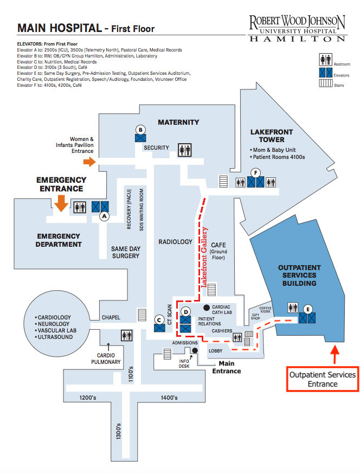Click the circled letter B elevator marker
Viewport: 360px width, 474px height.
pos(140,130)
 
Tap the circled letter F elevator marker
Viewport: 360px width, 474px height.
pos(256,173)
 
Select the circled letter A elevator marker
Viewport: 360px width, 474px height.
pos(104,216)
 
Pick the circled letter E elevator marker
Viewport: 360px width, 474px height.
pos(308,309)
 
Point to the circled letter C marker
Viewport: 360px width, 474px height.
pos(159,320)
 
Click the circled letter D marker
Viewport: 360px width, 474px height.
pos(185,312)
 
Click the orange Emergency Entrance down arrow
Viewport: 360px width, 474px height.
pos(61,203)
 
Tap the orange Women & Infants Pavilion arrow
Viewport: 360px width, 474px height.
pos(89,162)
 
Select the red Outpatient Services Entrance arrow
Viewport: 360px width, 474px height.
pos(335,355)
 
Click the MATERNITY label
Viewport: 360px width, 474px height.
pos(178,123)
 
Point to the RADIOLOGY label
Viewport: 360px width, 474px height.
pos(175,242)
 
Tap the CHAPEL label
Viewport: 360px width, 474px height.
pos(111,317)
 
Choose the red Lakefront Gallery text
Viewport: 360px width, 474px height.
pos(204,257)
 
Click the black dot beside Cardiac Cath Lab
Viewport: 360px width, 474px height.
pos(207,308)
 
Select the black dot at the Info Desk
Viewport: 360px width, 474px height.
pos(195,350)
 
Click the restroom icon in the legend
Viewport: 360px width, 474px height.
pos(325,60)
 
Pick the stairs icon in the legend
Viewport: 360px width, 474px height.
pos(325,82)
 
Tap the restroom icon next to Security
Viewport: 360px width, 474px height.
pos(185,150)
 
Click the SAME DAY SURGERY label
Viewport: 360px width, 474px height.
pos(126,252)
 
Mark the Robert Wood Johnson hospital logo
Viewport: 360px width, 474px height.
pos(297,28)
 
